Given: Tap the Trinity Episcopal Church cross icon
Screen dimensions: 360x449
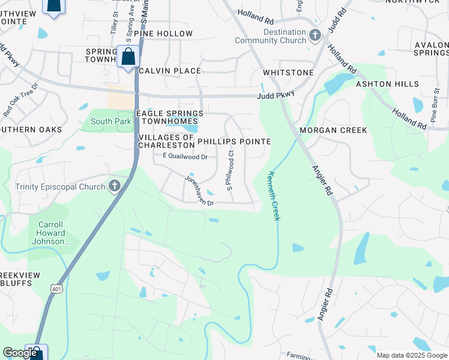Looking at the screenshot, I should click(115, 187).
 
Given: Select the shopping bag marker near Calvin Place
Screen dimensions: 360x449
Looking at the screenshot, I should click(128, 58).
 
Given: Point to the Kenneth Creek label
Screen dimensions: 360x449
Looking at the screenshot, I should click(273, 196).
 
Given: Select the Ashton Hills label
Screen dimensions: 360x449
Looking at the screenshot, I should click(387, 85).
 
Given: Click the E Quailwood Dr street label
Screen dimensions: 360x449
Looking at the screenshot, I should click(185, 157).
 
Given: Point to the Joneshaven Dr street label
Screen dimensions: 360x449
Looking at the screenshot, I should click(199, 191).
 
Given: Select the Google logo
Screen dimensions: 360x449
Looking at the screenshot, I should click(20, 353).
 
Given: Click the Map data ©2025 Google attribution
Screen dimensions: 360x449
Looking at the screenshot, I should click(412, 355).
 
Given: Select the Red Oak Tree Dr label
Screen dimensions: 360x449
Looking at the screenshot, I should click(20, 100).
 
